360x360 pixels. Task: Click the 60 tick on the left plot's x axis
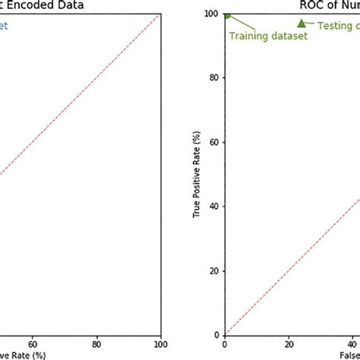coord(33,343)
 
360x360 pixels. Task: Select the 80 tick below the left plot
coord(96,343)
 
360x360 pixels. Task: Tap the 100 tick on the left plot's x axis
coord(159,343)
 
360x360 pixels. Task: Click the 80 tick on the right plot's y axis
coord(214,78)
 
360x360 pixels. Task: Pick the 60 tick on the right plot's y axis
coord(214,143)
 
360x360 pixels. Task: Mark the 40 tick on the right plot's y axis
coord(214,207)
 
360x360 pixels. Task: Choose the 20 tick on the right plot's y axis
coord(214,271)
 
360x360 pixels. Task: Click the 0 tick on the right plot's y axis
coord(216,335)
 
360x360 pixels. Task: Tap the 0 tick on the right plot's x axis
coord(225,343)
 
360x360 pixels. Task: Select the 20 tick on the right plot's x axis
coord(289,343)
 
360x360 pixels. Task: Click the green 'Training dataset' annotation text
coord(268,36)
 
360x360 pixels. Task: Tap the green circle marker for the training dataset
coord(226,14)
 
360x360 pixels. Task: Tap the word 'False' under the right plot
coord(349,355)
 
